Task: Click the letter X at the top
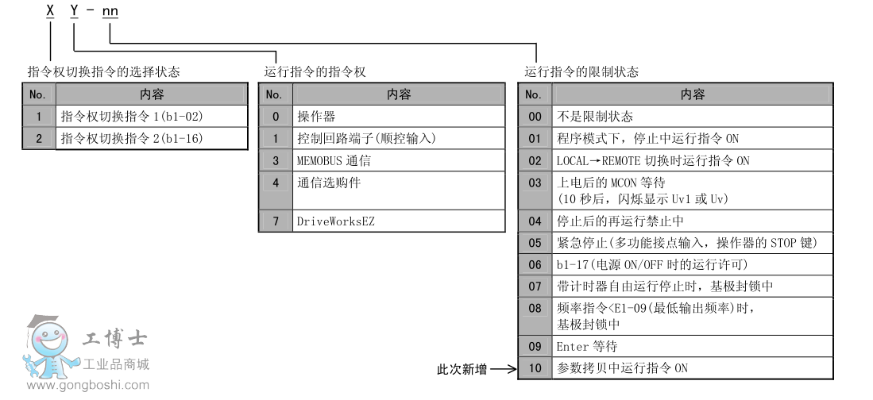pos(51,12)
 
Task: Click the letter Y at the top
pos(74,12)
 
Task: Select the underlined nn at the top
pos(110,12)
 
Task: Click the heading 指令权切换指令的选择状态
pos(103,72)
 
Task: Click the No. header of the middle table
pos(274,94)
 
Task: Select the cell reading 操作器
pos(316,117)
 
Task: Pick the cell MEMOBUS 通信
pos(334,160)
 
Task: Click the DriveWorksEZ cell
pos(335,221)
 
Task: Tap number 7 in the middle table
pos(276,221)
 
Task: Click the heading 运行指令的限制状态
pos(581,72)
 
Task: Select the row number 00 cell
pos(535,117)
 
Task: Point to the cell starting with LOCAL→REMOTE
pos(653,160)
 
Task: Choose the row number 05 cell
pos(535,243)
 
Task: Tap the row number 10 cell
pos(535,368)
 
